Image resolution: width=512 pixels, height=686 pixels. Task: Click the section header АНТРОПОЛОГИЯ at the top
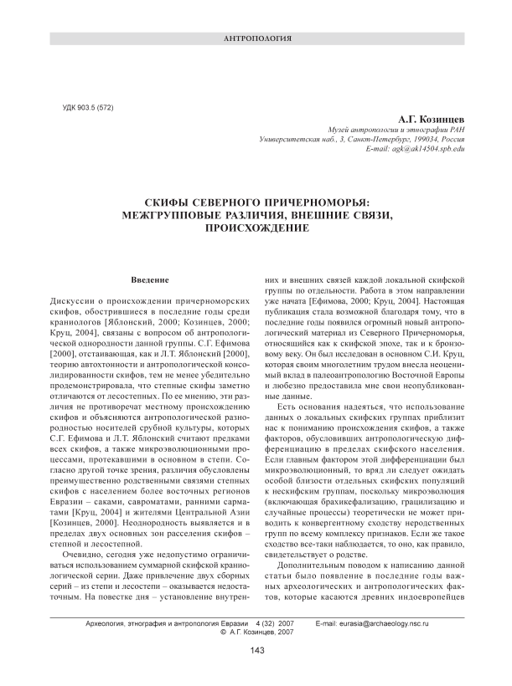tap(256, 39)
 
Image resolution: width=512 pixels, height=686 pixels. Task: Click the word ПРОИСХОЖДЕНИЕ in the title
tap(256, 228)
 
